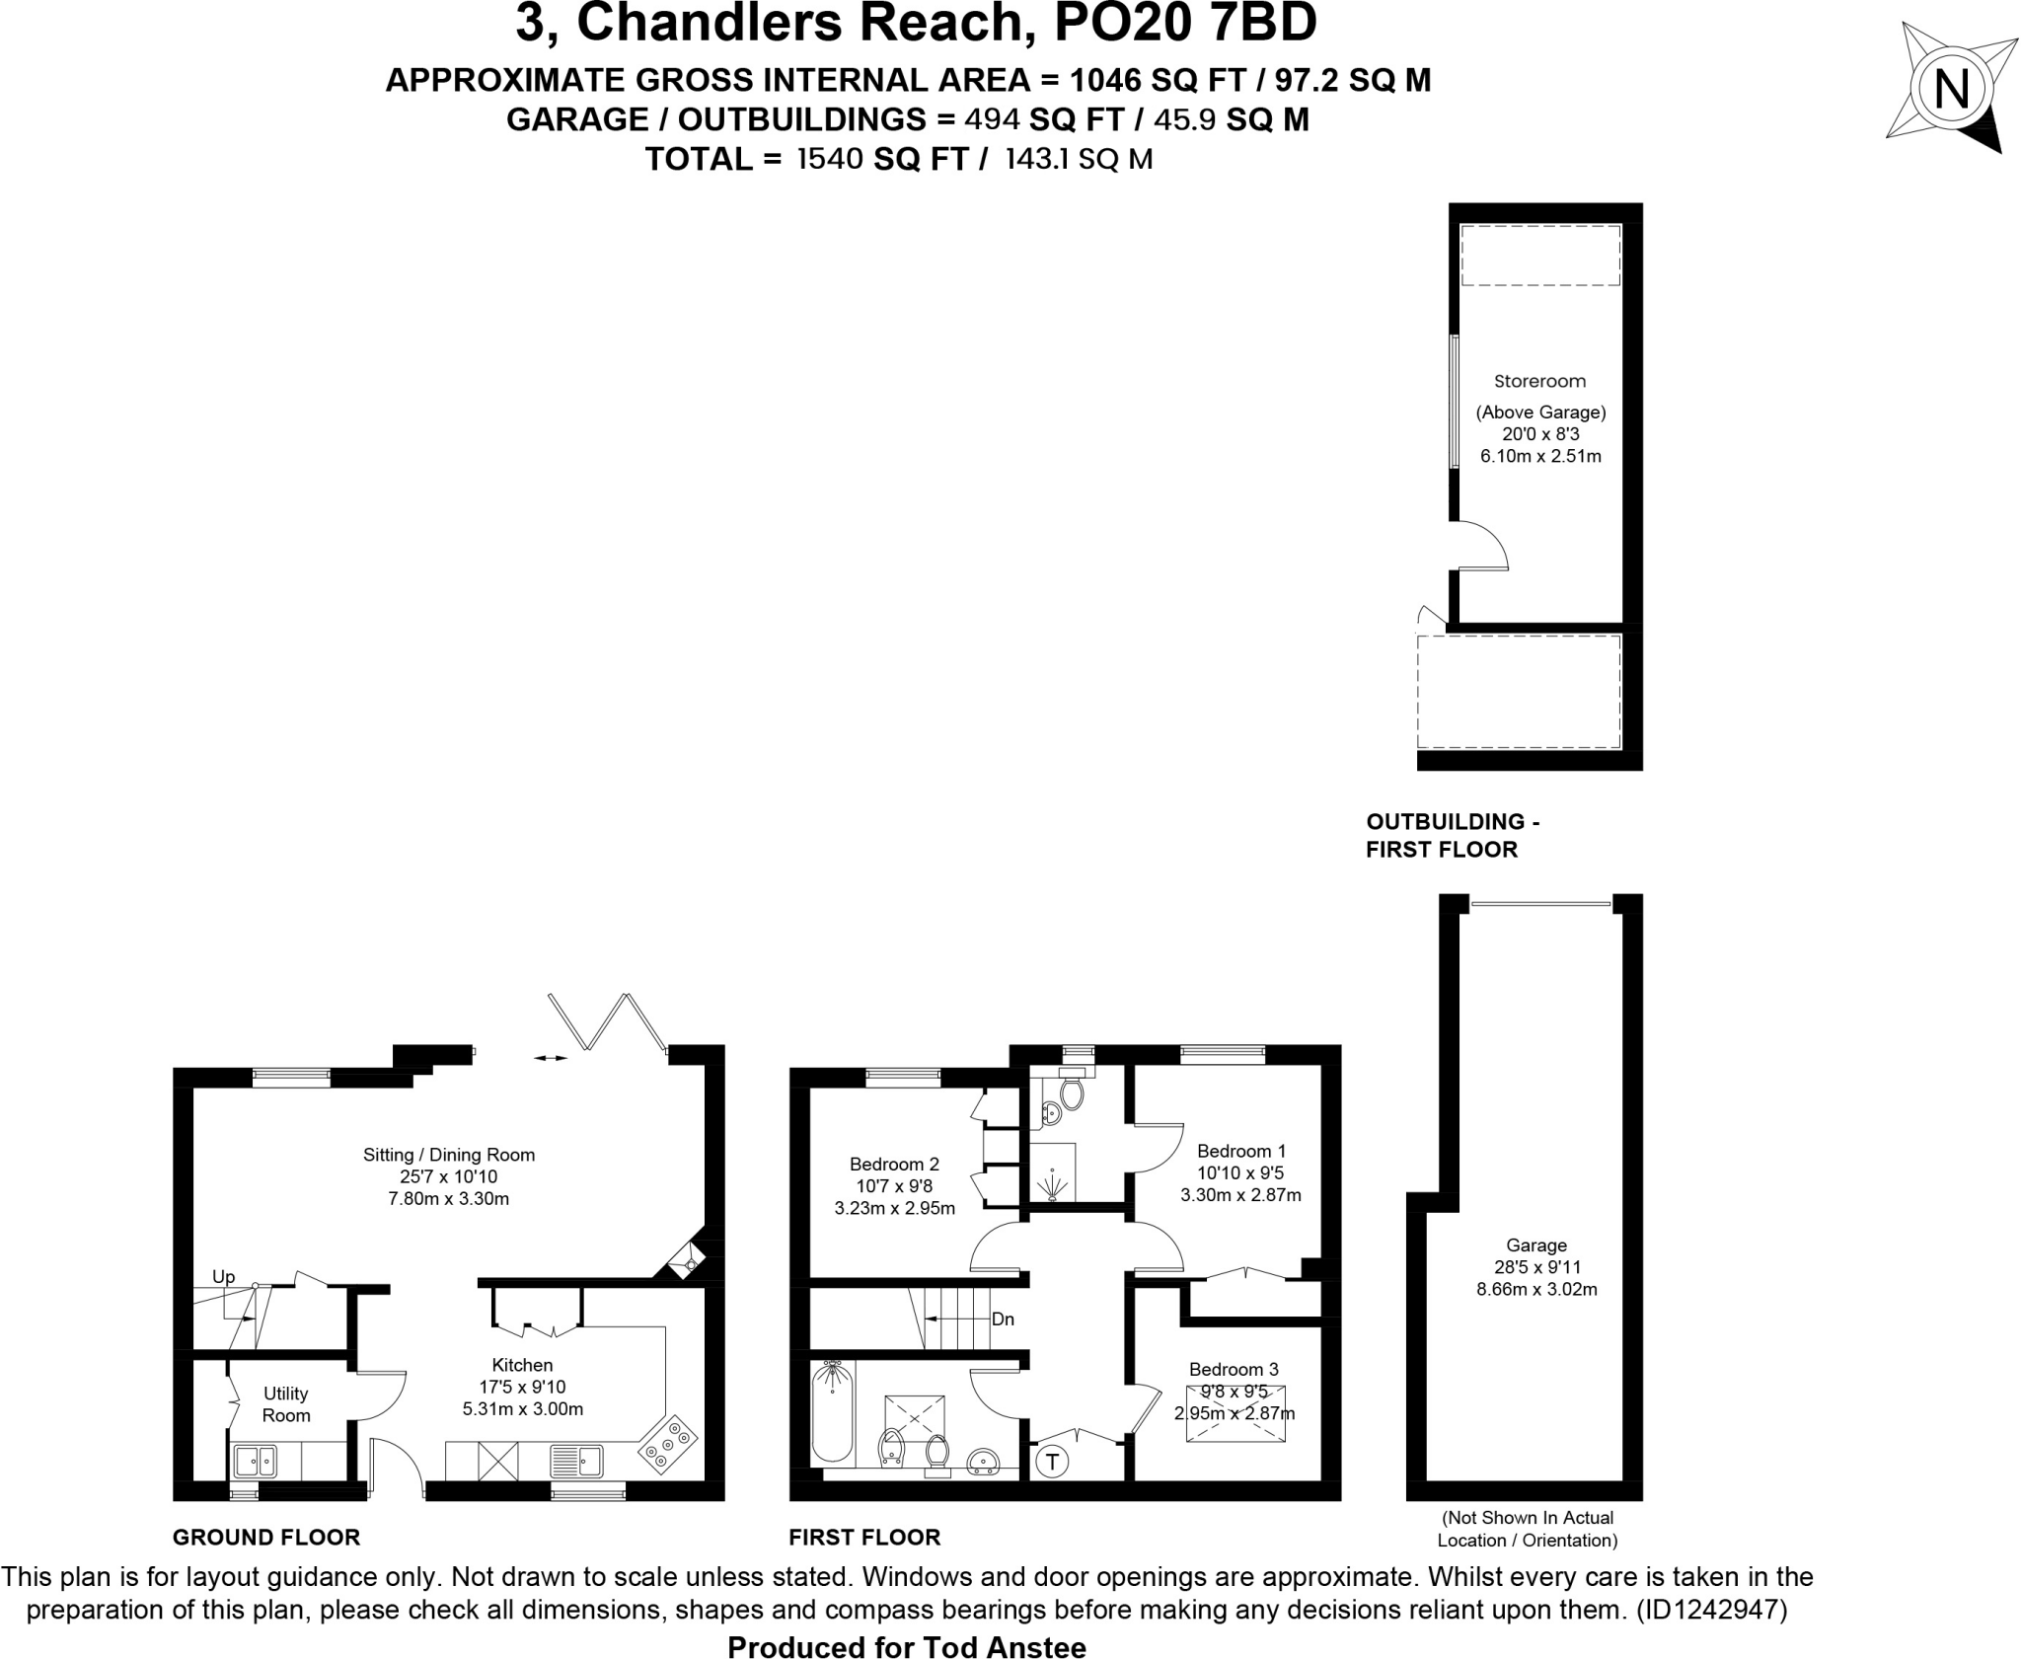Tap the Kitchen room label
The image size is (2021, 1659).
[522, 1365]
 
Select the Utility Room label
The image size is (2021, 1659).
[286, 1404]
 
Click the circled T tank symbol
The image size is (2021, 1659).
[1053, 1462]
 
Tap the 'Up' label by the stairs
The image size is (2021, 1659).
[224, 1277]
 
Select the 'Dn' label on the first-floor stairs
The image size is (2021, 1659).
[1003, 1320]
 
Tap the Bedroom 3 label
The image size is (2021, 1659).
[1234, 1369]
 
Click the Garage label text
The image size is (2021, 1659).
[1536, 1245]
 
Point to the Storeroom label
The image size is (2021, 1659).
[1539, 381]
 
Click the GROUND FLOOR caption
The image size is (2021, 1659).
[266, 1537]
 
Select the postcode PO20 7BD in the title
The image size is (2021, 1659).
[1186, 24]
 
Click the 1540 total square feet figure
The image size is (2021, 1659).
[830, 159]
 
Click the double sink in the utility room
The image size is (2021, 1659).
[255, 1460]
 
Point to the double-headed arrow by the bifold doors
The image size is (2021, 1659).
[551, 1058]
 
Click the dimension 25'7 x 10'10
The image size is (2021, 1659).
[449, 1176]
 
